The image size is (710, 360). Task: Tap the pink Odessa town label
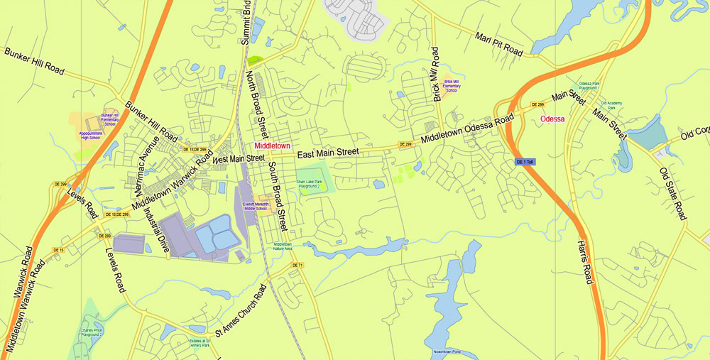coord(552,119)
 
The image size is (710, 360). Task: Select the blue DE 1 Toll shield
coord(525,163)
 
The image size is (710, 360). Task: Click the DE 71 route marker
coord(297,266)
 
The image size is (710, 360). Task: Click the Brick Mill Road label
coord(435,74)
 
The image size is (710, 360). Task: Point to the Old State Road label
coord(672,193)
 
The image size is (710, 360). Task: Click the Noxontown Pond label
coord(447,352)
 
